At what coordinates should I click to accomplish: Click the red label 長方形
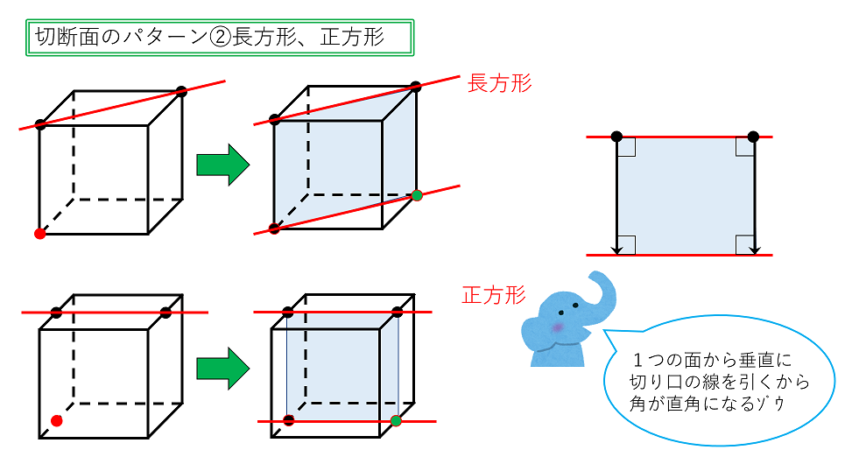(x=500, y=83)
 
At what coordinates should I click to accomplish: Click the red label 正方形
(x=494, y=294)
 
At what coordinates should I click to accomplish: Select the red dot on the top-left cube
(x=39, y=234)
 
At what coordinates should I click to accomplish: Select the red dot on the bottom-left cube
(x=56, y=421)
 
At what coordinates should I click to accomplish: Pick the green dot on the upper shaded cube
(x=417, y=195)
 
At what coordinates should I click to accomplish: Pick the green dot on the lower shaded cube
(x=396, y=421)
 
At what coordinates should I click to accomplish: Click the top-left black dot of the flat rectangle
(x=616, y=137)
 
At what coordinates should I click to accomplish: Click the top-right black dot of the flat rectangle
(x=753, y=137)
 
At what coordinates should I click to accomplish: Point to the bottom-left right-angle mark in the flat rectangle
(x=626, y=243)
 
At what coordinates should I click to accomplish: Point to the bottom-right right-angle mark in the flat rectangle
(x=743, y=243)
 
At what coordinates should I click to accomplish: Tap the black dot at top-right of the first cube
(x=181, y=91)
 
